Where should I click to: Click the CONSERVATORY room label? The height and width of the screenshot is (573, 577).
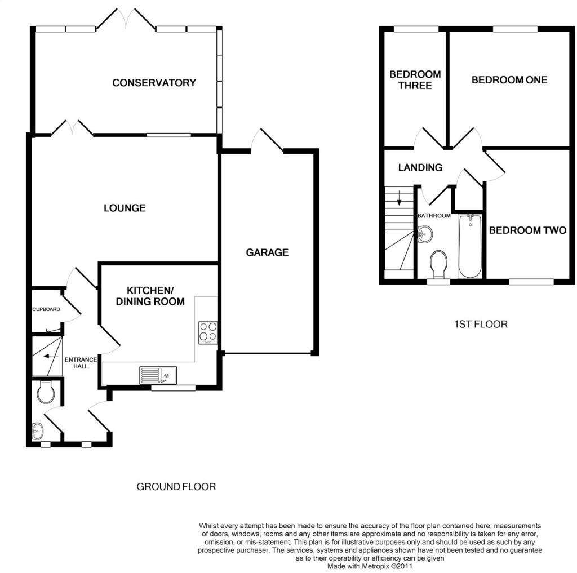click(154, 83)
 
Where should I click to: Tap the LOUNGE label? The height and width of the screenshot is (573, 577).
click(125, 208)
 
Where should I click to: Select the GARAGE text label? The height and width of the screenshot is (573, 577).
click(267, 252)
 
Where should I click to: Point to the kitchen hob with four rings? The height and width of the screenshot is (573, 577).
click(208, 332)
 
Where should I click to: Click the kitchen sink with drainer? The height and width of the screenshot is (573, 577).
click(158, 375)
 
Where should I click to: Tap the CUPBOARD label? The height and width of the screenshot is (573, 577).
click(46, 309)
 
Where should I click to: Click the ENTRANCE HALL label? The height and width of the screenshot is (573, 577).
click(81, 363)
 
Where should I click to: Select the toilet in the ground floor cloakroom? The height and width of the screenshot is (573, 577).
click(46, 392)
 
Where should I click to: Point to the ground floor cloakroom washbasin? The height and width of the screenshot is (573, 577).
click(38, 431)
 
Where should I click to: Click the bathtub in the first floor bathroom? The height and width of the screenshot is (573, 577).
click(470, 246)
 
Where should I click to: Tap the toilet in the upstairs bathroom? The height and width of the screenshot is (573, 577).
click(438, 264)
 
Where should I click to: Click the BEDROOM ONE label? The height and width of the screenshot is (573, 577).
click(509, 80)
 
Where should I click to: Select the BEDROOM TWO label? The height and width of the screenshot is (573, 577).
click(527, 230)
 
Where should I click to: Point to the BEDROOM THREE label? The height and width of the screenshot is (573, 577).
click(415, 80)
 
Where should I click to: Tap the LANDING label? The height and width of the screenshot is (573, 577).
click(420, 168)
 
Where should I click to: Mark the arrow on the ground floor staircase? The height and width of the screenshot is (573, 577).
click(51, 356)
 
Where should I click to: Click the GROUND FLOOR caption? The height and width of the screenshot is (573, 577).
click(176, 487)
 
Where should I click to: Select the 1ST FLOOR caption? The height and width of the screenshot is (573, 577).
click(481, 324)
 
